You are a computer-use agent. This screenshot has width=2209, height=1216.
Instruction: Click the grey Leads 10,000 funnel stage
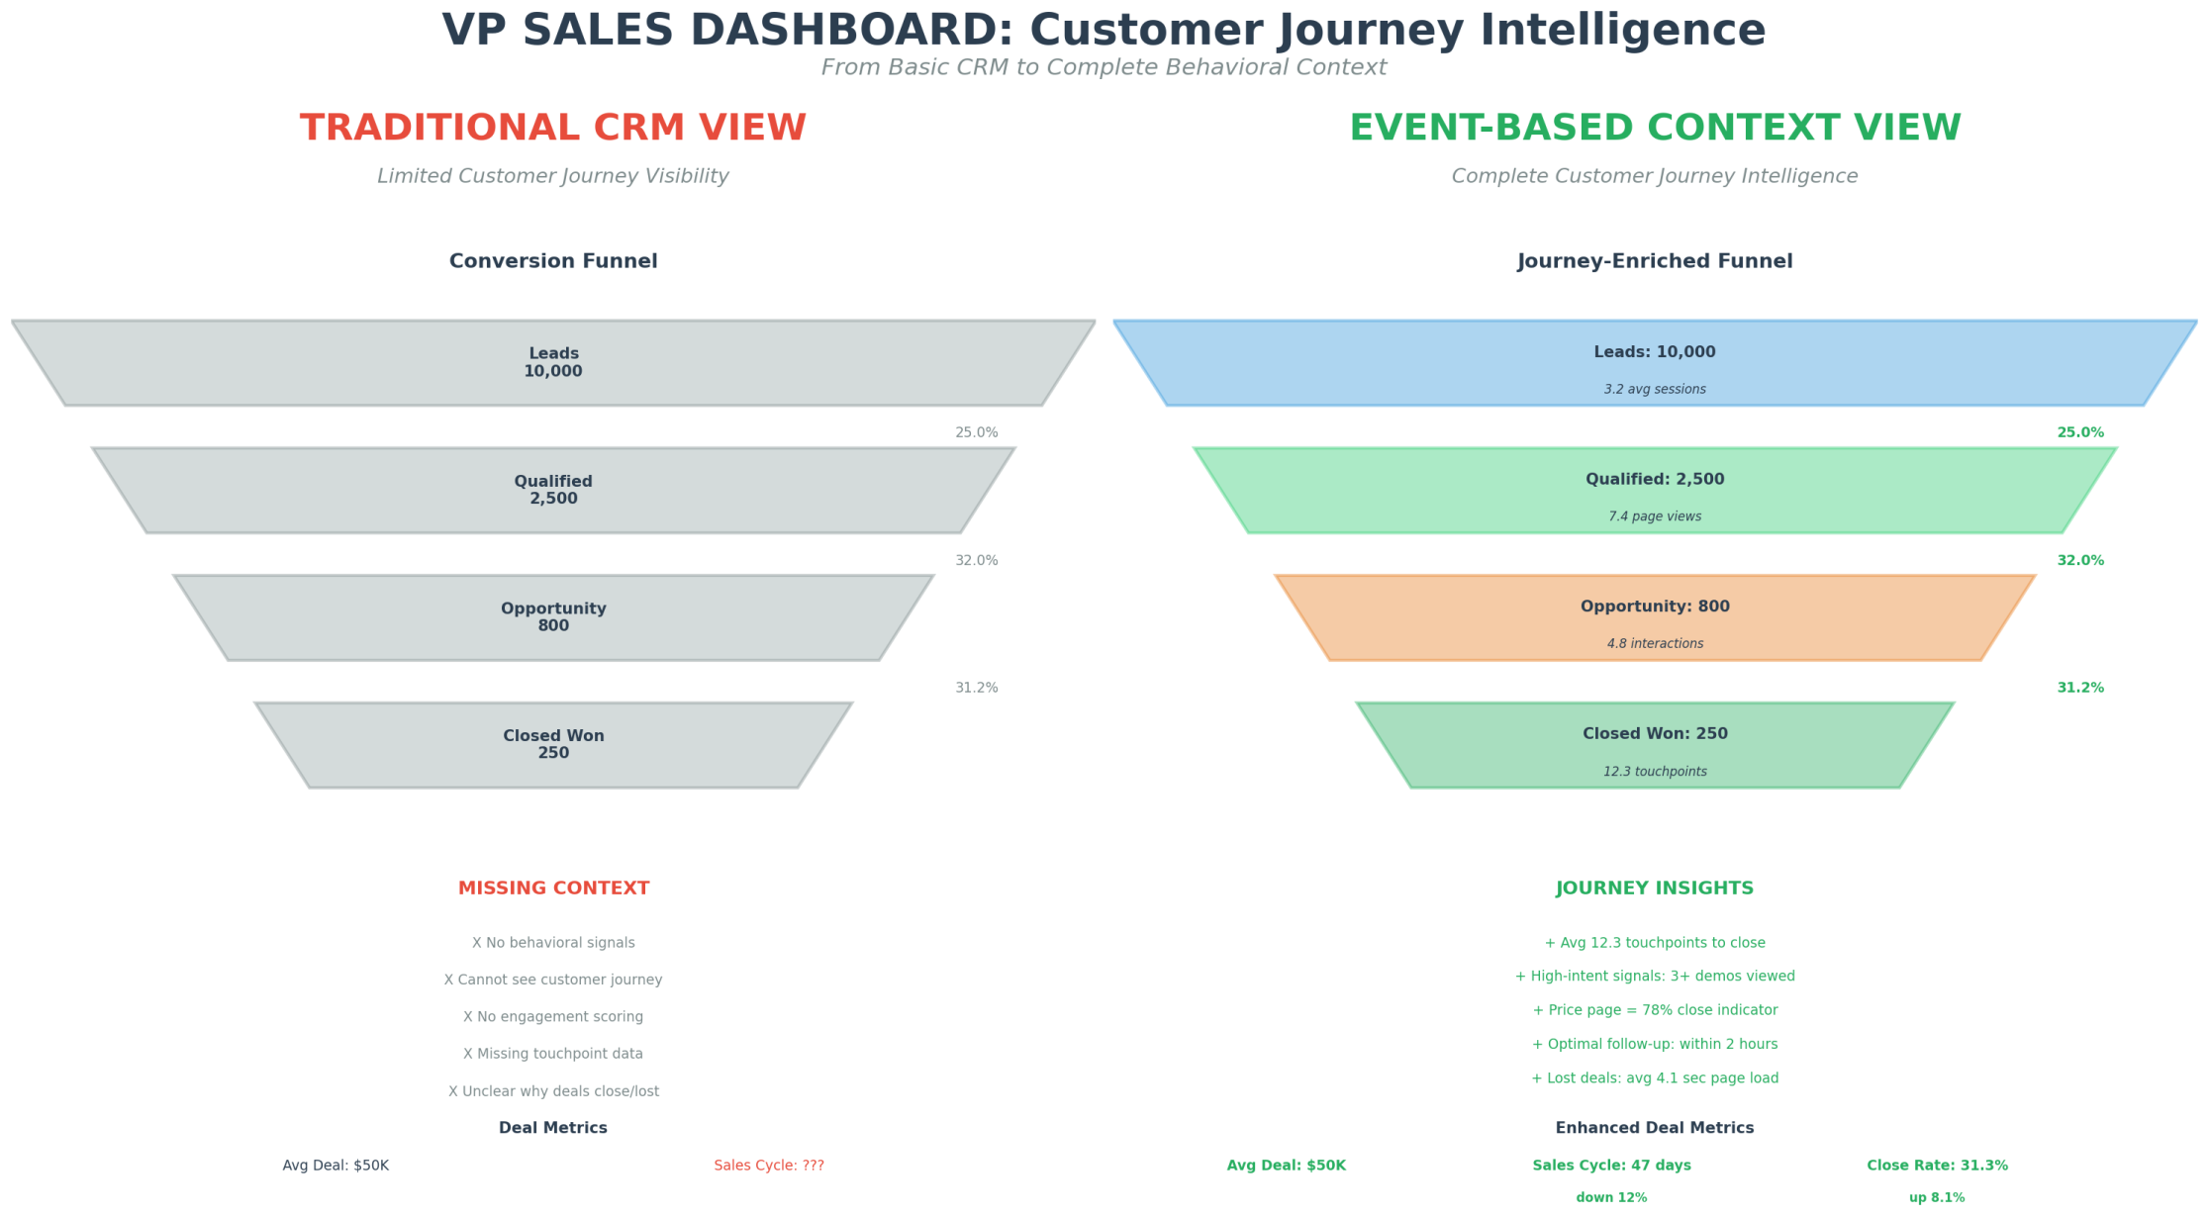[552, 362]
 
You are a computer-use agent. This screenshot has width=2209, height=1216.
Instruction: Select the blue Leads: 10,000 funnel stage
[1654, 362]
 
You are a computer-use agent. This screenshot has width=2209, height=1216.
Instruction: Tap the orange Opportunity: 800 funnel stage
[1654, 617]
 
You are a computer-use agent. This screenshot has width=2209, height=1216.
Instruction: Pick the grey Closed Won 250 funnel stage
[552, 744]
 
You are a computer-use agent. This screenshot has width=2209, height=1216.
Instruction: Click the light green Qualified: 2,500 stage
[1654, 490]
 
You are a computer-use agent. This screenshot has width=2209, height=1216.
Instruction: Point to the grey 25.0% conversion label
[976, 432]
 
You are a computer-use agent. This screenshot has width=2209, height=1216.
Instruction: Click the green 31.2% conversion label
[2079, 688]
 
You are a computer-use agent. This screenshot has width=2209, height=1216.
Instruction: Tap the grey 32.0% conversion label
[976, 560]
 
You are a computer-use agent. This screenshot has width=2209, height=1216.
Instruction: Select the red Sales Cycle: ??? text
[769, 1166]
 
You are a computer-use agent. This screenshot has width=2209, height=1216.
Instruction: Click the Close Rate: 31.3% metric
[1937, 1166]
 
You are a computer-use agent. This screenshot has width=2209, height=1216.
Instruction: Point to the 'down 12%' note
[1611, 1198]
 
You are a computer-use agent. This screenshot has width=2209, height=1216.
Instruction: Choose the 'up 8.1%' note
[1937, 1198]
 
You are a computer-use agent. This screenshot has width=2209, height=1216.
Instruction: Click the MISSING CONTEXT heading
[553, 889]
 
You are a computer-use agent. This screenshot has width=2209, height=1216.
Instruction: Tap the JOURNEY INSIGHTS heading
[1654, 889]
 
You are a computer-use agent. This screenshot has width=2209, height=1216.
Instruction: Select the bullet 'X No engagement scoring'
[553, 1016]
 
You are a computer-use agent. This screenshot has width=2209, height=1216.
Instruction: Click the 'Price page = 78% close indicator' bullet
[1655, 1010]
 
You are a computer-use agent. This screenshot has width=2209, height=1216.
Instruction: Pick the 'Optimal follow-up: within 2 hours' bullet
[1655, 1044]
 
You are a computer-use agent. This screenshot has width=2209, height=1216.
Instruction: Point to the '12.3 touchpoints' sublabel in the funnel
[1655, 772]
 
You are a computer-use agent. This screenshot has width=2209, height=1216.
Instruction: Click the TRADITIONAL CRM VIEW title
[553, 128]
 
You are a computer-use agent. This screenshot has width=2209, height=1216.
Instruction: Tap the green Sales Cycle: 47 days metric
[1611, 1166]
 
